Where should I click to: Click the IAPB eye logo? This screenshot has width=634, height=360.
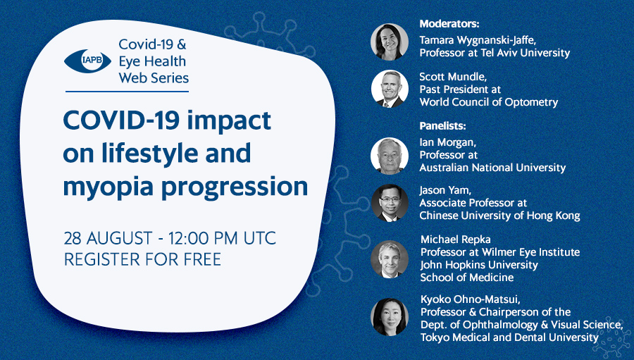tap(88, 61)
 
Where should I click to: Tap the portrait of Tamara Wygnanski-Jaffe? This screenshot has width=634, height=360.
tap(390, 42)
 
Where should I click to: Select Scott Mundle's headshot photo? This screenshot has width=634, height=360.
tap(390, 89)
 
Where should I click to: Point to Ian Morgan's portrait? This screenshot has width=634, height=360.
tap(390, 156)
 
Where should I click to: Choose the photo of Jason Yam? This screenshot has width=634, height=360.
tap(390, 203)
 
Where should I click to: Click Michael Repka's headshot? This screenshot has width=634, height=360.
tap(390, 259)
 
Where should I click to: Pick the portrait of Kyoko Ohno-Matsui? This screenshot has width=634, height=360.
tap(390, 317)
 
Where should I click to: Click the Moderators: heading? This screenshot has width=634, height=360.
tap(449, 24)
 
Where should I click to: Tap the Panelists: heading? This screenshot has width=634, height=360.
tap(443, 126)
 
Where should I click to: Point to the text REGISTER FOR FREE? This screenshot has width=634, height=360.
tap(142, 259)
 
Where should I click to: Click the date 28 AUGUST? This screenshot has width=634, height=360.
tap(108, 238)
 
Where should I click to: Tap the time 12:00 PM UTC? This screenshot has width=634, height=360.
tap(222, 238)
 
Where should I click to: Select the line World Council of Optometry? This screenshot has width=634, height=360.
tap(488, 102)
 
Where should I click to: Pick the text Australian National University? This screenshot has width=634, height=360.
tap(492, 168)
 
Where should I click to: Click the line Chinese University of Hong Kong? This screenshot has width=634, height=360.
tap(499, 216)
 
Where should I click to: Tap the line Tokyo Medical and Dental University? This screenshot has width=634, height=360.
tap(509, 337)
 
